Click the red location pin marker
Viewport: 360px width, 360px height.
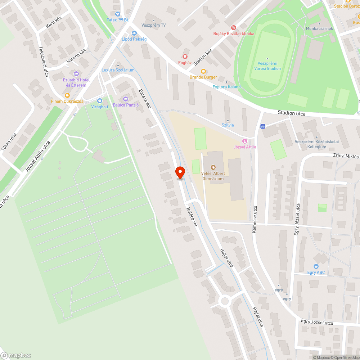180,172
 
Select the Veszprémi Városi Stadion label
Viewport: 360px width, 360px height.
267,66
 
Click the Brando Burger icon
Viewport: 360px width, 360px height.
203,71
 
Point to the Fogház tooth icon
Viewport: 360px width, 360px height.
185,56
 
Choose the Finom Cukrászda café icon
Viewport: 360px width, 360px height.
67,95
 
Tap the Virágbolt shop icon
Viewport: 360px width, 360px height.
100,101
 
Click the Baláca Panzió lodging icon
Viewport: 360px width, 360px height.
126,99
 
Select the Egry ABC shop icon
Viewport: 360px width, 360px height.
316,266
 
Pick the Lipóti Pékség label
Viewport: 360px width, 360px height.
134,39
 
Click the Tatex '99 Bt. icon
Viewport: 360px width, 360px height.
117,14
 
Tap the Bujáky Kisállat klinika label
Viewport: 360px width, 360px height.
234,33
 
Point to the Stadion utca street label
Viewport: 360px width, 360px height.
292,113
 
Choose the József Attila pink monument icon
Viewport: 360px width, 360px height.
246,141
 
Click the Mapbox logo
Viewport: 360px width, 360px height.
16,355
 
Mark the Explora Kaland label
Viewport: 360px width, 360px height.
226,87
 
